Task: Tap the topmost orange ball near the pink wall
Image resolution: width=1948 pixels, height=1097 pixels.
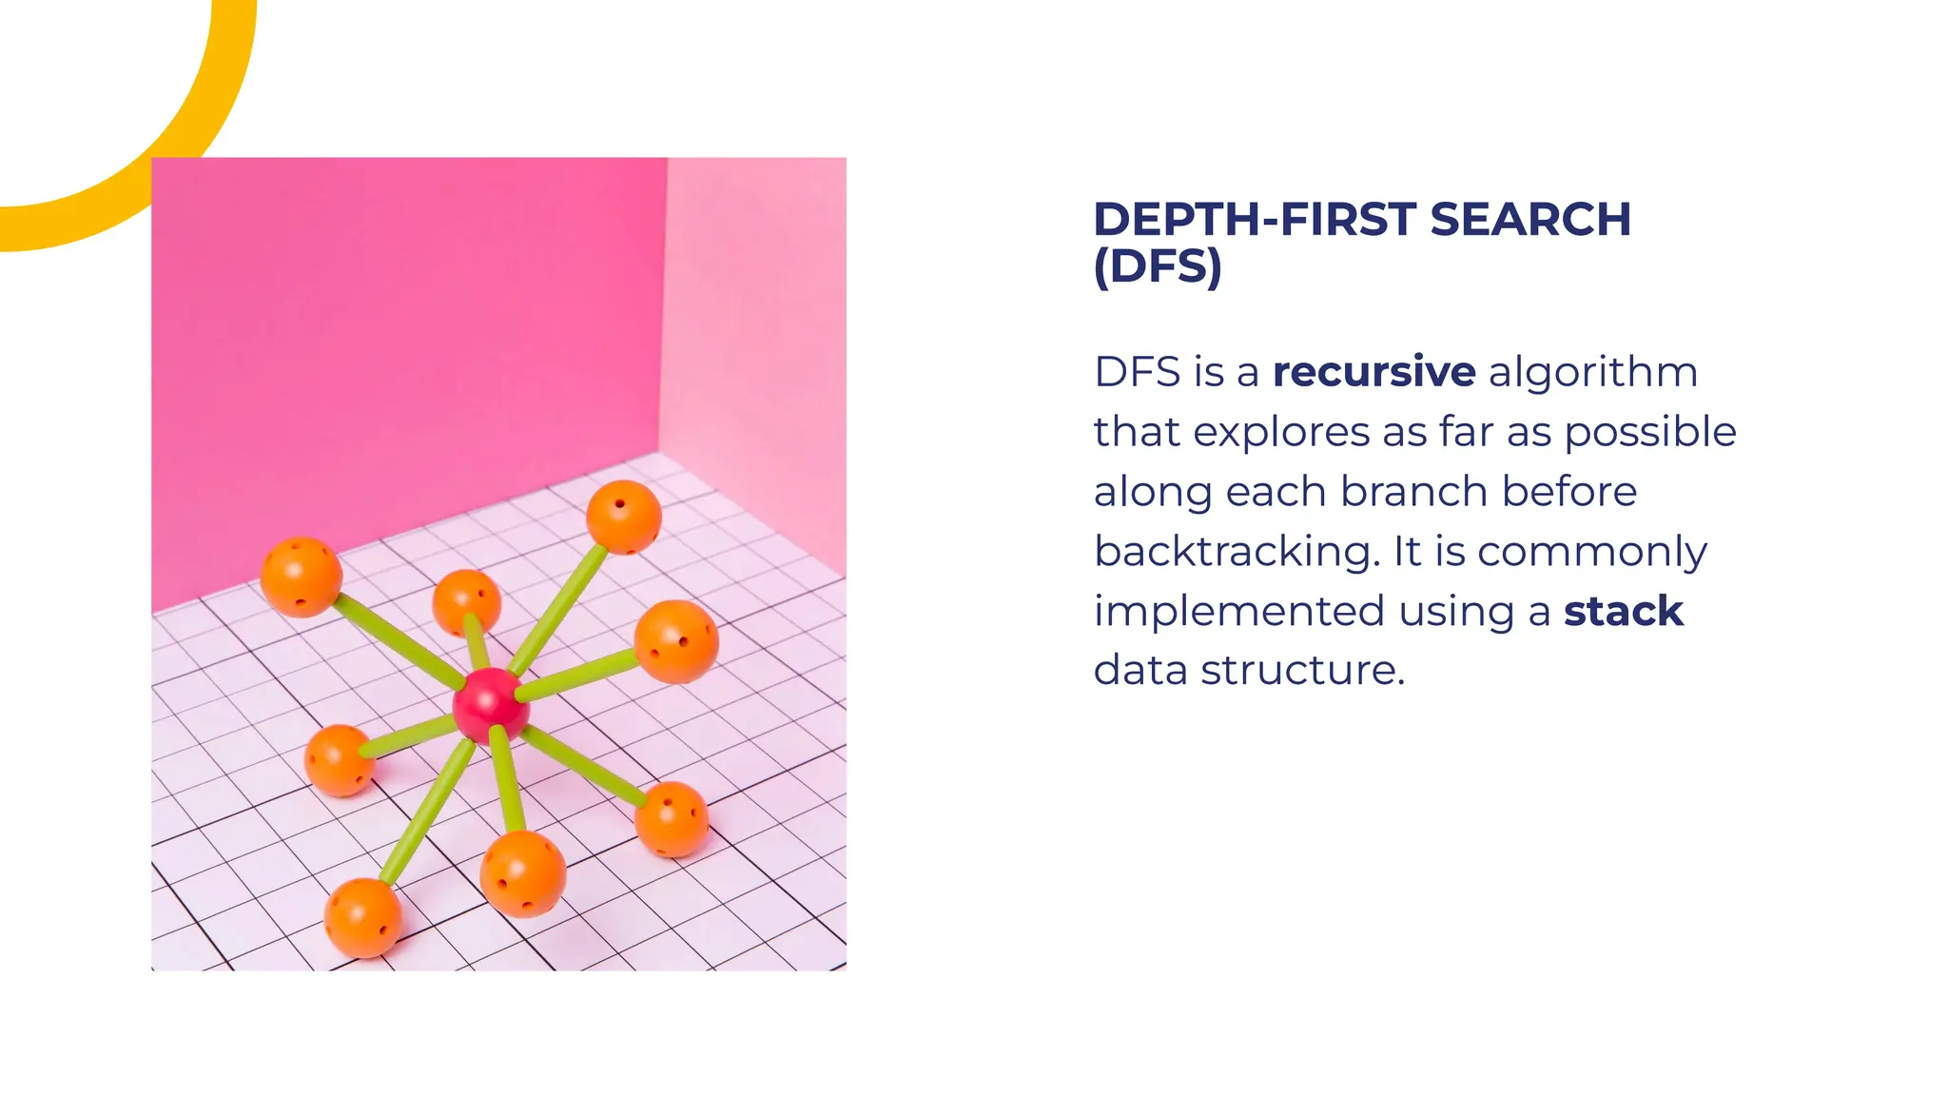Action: coord(623,517)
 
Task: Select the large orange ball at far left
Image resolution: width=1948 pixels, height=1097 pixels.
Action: coord(302,577)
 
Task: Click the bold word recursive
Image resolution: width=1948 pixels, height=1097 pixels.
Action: coord(1373,372)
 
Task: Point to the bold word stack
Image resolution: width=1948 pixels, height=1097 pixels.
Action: coord(1623,611)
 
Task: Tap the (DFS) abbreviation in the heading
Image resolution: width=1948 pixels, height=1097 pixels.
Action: coord(1157,266)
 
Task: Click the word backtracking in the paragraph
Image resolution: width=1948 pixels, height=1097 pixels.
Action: coord(1236,552)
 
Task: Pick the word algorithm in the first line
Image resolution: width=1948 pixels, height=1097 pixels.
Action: coord(1592,372)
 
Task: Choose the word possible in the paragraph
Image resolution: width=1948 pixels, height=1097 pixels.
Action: coord(1650,432)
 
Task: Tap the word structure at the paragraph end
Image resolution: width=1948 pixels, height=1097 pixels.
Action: coord(1301,671)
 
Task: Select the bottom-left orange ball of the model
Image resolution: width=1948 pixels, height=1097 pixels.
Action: coord(361,917)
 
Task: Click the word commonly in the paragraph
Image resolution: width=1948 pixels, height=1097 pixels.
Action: coord(1591,552)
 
